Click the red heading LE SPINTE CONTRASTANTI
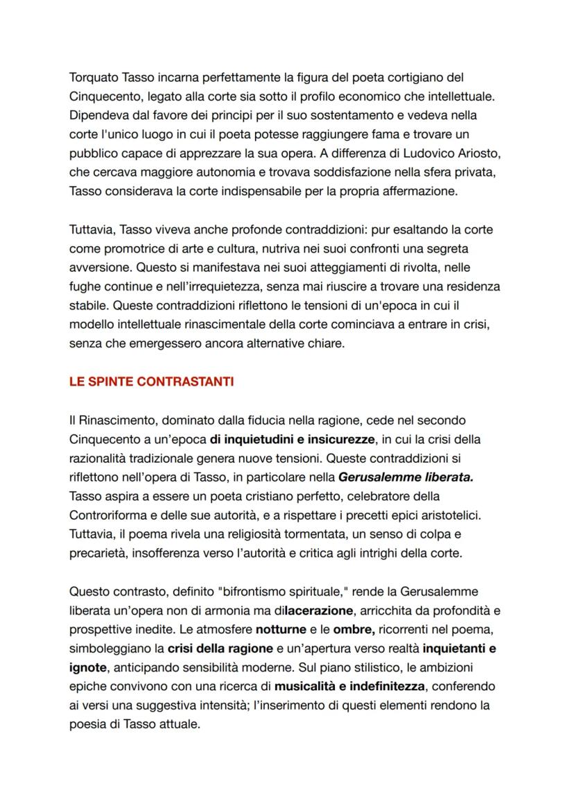click(151, 382)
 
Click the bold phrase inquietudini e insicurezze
click(292, 439)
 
